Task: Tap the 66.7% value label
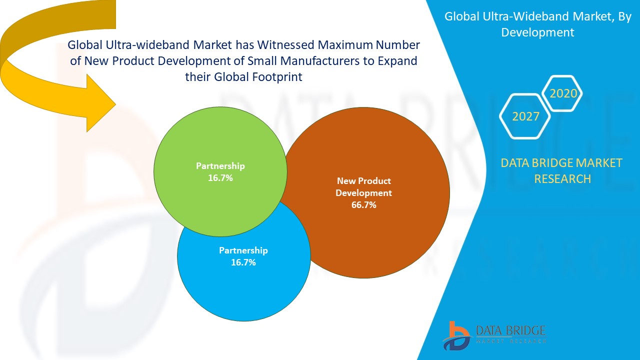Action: tap(363, 205)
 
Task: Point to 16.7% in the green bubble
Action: tap(220, 178)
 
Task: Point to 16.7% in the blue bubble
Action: tap(243, 262)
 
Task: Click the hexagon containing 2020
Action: tap(563, 93)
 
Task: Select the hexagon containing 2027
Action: tap(525, 116)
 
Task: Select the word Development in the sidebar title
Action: tap(537, 32)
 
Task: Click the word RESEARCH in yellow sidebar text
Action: tap(562, 178)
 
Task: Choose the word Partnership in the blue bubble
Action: tap(243, 250)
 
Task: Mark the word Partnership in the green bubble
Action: tap(220, 166)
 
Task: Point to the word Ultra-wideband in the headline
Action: tap(137, 45)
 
